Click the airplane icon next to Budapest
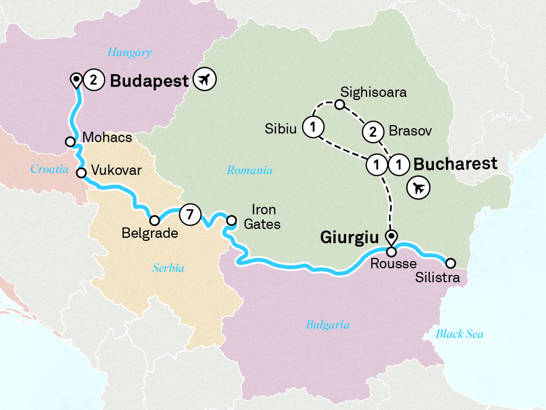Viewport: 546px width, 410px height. coord(205,79)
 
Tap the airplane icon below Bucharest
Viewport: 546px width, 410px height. coord(418,188)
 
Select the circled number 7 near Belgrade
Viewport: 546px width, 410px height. coord(190,215)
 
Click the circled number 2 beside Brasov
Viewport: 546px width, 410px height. coord(373,132)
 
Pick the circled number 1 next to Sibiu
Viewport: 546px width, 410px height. coord(313,127)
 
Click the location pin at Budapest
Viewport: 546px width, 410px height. coord(76,80)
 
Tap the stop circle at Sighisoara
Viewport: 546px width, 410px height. coord(340,104)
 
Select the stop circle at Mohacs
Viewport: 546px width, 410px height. coord(70,142)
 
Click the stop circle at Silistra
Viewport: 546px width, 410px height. coord(450,263)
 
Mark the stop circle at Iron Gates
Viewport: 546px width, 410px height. coord(232,220)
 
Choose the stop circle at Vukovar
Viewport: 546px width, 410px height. coord(81,173)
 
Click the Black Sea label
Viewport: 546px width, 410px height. coord(459,334)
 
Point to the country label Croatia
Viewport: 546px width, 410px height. coord(49,169)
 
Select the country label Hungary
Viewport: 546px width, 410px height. coord(130,52)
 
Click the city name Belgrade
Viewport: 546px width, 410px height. coord(150,233)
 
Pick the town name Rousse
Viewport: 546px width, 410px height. coord(393,264)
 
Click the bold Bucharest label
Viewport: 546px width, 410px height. coord(455,164)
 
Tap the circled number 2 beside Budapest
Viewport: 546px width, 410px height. coord(94,80)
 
